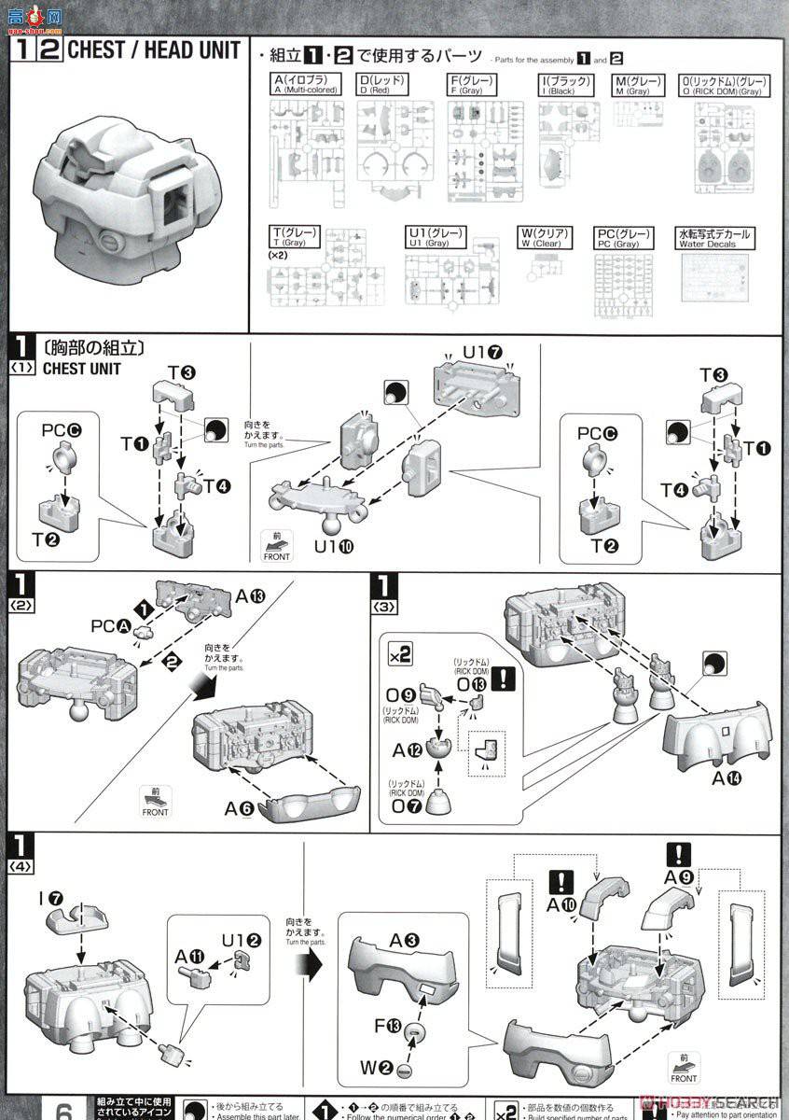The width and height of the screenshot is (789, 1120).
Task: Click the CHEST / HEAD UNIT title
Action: pos(153,50)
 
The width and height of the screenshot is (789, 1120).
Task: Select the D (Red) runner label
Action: pos(381,85)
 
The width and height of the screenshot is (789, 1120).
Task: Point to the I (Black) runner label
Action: pos(565,85)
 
